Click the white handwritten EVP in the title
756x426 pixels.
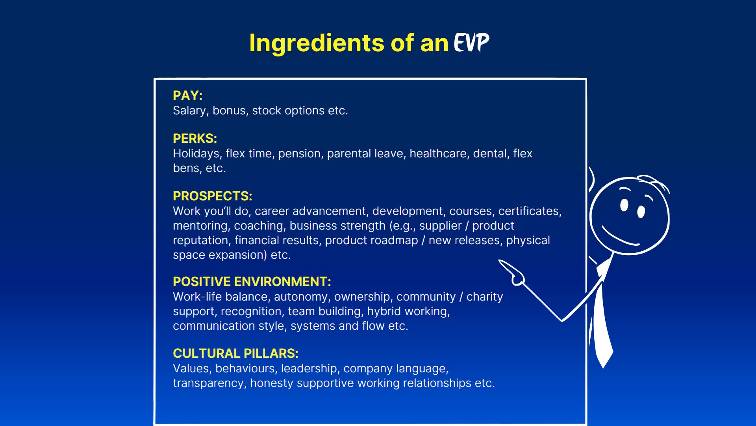(471, 42)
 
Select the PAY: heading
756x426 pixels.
(187, 95)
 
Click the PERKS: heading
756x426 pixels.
(195, 138)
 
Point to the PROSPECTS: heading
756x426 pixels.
(212, 196)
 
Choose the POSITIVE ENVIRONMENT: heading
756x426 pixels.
(252, 282)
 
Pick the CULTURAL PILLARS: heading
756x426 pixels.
(235, 353)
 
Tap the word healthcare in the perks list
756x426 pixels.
(438, 153)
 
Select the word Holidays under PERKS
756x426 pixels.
(197, 153)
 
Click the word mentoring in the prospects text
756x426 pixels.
(200, 226)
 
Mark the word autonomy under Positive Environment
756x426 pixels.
(301, 297)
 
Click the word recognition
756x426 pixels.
(251, 312)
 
